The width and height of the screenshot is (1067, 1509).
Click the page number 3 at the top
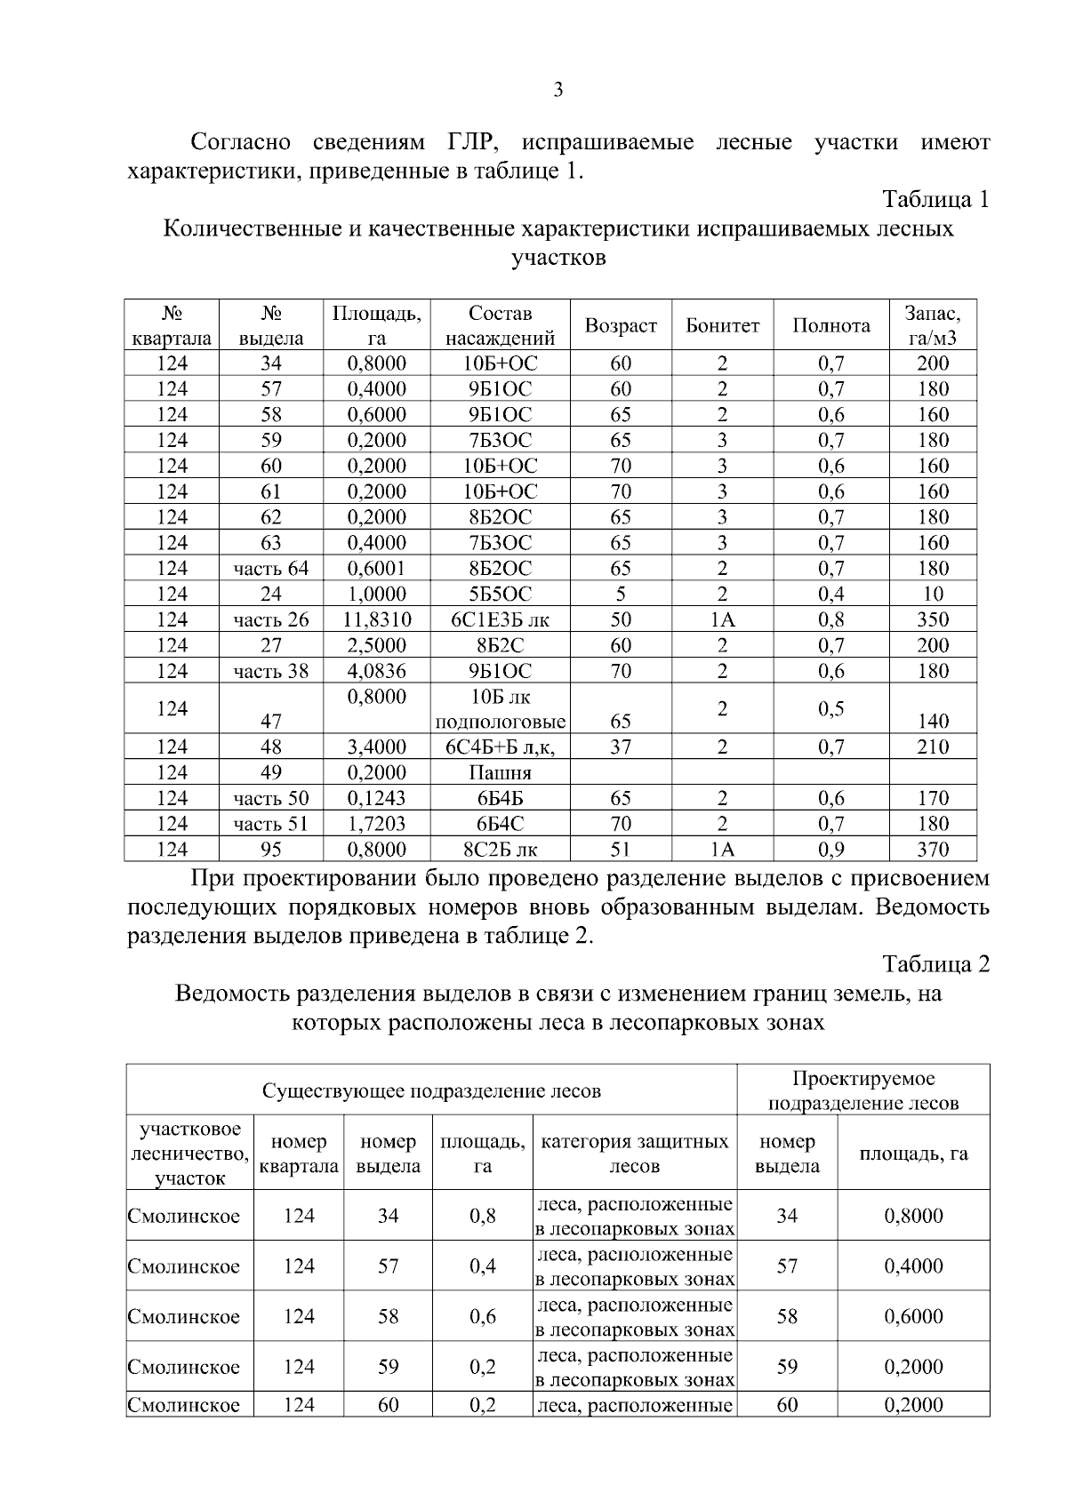(x=558, y=90)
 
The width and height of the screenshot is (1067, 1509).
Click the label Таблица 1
(x=935, y=200)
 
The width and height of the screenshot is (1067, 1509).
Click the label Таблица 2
(x=935, y=964)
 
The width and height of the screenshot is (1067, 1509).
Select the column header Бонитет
(x=722, y=326)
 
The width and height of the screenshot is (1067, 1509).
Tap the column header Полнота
(x=830, y=326)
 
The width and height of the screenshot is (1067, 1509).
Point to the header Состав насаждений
(x=500, y=326)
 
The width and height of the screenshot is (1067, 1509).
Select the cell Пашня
(x=500, y=773)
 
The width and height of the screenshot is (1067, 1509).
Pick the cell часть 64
(x=271, y=569)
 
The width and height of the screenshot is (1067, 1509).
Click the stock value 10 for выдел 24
(x=933, y=595)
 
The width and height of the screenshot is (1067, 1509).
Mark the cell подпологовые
(x=500, y=722)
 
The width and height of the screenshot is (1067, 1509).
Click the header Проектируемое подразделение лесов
(x=863, y=1091)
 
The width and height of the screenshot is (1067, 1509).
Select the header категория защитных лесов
(x=635, y=1154)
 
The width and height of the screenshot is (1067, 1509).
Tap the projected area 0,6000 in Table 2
(x=913, y=1317)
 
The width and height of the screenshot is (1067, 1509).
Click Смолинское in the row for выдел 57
(x=184, y=1267)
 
